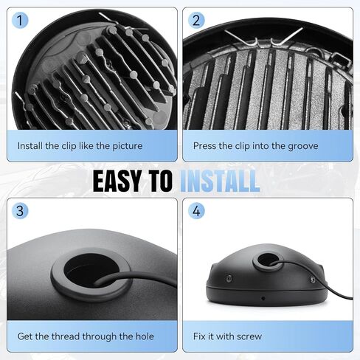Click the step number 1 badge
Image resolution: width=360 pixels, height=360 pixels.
tap(20, 20)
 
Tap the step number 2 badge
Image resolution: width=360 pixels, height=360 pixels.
tap(196, 20)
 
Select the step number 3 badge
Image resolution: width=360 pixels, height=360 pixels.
tap(20, 211)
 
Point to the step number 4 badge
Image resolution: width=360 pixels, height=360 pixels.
tap(196, 211)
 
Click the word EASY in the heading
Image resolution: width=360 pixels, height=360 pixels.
tap(120, 181)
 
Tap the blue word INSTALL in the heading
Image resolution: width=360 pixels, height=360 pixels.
tap(220, 181)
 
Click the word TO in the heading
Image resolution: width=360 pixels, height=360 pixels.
tap(161, 181)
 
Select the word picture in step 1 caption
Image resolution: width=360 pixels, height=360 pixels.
tap(128, 146)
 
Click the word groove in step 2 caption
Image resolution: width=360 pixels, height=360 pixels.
tap(303, 146)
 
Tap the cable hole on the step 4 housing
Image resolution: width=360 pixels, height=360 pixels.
tap(266, 260)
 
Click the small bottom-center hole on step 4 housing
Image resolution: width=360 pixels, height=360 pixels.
tap(263, 298)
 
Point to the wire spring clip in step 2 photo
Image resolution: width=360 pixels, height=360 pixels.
tap(264, 38)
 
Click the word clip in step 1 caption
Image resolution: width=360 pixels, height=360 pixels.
tap(69, 146)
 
